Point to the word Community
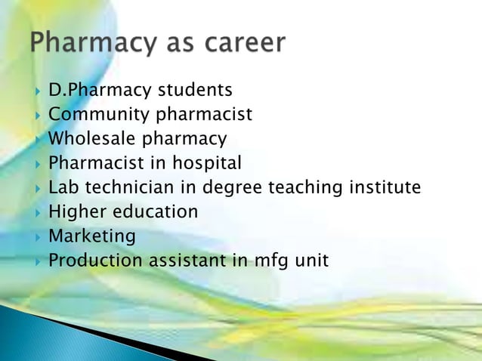(100, 115)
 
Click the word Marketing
(92, 236)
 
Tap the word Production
(95, 261)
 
